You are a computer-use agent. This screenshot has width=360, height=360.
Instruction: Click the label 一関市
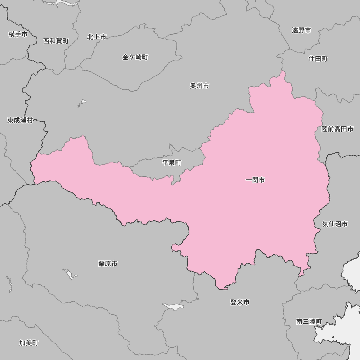coord(255,180)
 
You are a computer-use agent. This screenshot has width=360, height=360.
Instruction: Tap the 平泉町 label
coord(172,163)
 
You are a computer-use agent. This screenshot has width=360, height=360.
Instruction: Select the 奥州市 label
coord(199,86)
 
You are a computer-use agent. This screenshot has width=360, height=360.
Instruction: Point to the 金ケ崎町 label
coord(135,57)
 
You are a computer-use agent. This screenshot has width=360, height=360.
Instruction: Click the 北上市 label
coord(97,37)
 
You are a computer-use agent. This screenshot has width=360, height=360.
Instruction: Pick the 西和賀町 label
coord(56,41)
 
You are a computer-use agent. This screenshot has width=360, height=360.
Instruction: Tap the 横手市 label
coord(18,35)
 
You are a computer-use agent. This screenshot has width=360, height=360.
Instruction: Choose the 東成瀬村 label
coord(20,120)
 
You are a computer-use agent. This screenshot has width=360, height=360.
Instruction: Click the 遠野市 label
coord(301,31)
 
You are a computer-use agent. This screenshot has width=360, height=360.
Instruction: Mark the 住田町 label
coord(318,59)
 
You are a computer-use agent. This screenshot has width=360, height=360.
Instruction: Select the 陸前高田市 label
coord(337,129)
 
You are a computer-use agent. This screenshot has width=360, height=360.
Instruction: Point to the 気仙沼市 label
coord(335,224)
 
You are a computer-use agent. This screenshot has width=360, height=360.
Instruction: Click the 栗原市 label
coord(108,264)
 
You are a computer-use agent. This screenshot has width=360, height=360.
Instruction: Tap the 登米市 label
coord(240,302)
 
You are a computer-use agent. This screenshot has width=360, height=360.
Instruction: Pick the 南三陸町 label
coord(309,321)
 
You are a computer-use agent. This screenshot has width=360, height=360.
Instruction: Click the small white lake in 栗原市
coord(69,274)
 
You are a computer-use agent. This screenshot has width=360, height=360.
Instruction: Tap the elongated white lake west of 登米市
coord(173,307)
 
